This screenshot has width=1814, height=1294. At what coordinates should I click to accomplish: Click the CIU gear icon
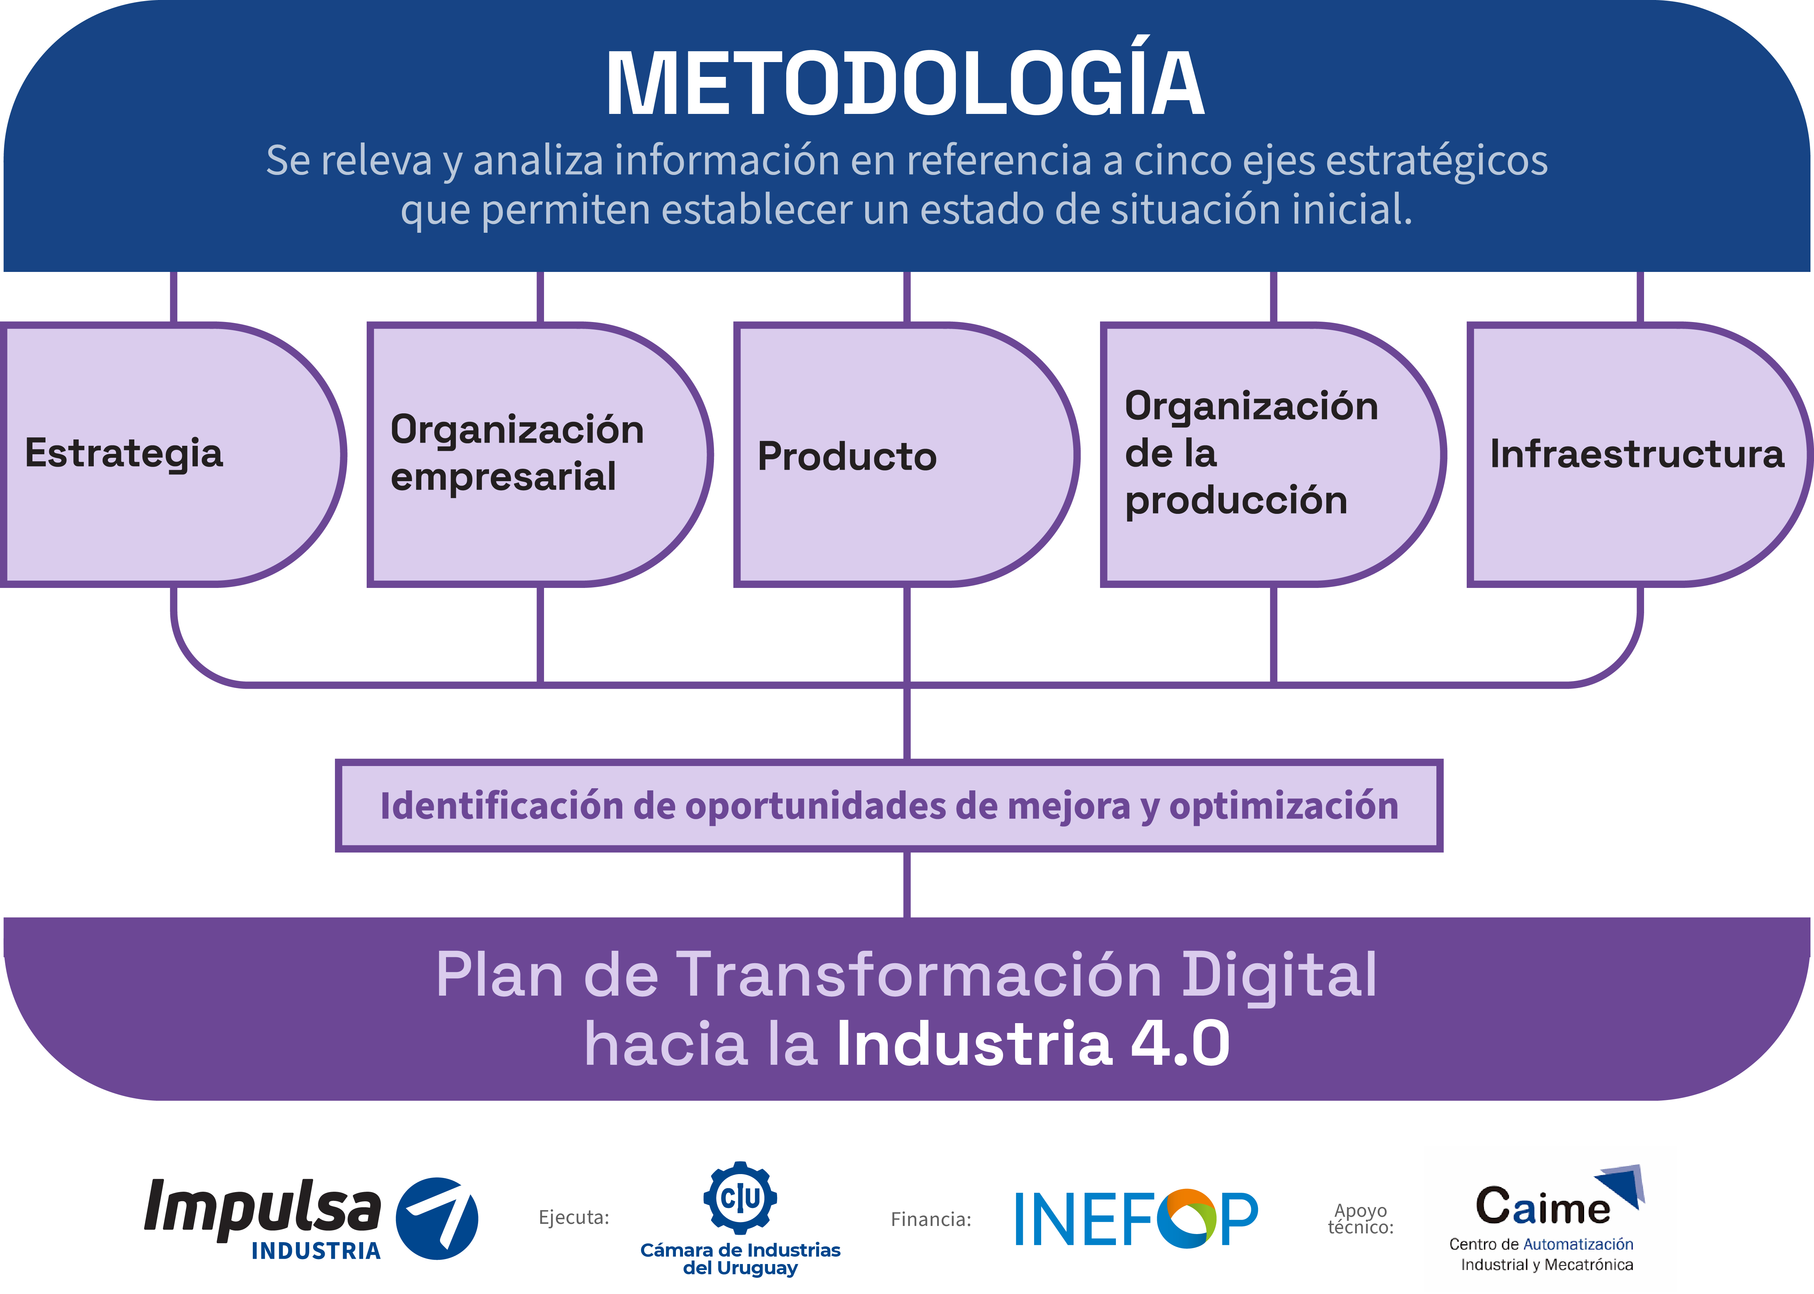pyautogui.click(x=740, y=1198)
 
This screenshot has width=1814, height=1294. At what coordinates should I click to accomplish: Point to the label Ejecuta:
pyautogui.click(x=573, y=1217)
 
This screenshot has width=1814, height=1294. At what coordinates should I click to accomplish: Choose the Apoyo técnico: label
pyautogui.click(x=1361, y=1219)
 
